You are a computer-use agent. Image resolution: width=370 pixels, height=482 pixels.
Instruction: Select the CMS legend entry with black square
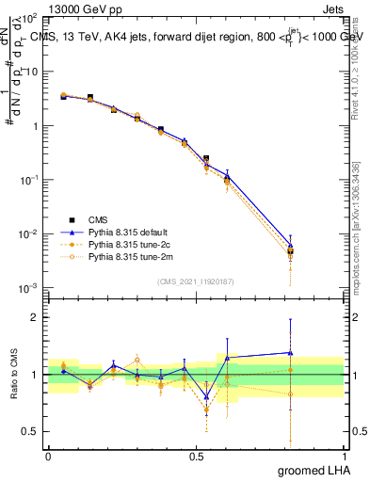[x=97, y=218]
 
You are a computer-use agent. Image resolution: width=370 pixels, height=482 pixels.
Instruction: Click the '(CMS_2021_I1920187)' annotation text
[x=196, y=281]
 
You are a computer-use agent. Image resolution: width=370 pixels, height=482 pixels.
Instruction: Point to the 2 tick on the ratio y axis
[x=35, y=317]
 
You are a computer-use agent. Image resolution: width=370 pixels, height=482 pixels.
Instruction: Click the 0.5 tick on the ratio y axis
[x=29, y=431]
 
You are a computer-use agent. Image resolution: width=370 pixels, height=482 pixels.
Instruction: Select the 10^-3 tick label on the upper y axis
[x=29, y=288]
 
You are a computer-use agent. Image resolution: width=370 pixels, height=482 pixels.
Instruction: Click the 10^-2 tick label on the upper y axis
[x=29, y=234]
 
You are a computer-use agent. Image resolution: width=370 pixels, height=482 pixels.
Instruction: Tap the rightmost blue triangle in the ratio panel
[x=291, y=353]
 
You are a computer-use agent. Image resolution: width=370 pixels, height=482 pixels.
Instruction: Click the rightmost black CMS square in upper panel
[x=291, y=251]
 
